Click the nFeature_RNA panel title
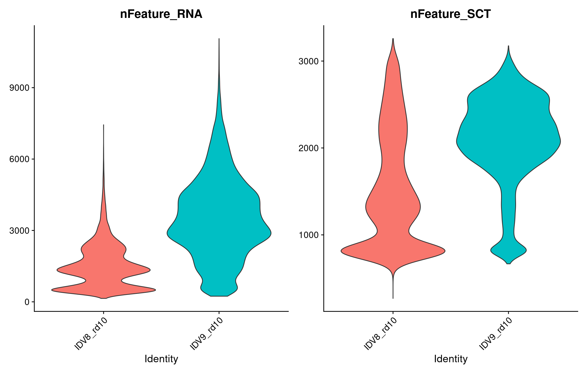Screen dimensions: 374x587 161,14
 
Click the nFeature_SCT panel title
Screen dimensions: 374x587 450,14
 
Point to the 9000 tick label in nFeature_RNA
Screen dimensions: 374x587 19,88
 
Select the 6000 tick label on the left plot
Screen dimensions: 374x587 19,159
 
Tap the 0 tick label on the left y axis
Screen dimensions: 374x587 27,302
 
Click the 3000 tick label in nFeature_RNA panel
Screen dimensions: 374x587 19,231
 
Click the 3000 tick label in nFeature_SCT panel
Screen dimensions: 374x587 309,61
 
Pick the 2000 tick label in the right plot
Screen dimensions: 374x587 309,148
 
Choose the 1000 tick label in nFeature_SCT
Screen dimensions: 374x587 309,235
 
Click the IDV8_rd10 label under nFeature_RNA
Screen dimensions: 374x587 91,334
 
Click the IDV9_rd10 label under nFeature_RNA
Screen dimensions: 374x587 207,334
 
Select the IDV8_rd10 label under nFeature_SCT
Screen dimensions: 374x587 380,334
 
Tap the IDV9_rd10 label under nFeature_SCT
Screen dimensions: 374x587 496,334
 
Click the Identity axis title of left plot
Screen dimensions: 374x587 161,359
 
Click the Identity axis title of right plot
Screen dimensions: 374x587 451,359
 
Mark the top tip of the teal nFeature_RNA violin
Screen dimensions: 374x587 219,39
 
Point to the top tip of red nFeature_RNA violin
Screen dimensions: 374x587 104,125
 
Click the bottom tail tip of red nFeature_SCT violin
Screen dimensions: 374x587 393,298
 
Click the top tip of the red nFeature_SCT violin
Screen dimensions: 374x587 393,39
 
